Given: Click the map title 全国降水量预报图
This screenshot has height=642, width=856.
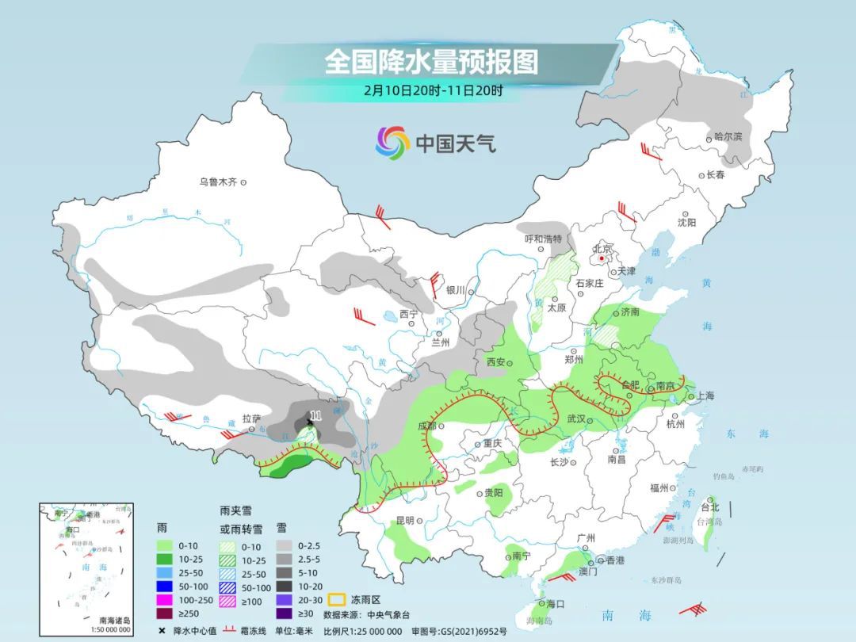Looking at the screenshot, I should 431,62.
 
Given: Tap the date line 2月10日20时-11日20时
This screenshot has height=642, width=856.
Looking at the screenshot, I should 433,90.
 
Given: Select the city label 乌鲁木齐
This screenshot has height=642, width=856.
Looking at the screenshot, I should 218,182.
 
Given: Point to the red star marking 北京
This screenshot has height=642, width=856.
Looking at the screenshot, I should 603,258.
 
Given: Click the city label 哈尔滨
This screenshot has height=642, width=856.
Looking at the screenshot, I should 728,137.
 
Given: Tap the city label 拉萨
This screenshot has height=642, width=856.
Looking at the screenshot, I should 251,418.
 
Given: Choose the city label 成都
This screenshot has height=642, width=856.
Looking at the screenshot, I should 426,426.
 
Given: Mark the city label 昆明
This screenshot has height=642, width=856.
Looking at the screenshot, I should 404,521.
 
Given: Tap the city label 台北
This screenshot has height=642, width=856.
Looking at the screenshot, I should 709,507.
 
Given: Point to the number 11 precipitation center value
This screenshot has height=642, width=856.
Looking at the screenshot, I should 316,415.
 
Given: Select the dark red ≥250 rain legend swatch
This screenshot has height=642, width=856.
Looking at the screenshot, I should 164,613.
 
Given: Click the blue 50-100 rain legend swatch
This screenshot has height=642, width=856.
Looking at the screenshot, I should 164,586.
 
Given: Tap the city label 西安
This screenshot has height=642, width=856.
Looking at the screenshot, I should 495,361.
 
